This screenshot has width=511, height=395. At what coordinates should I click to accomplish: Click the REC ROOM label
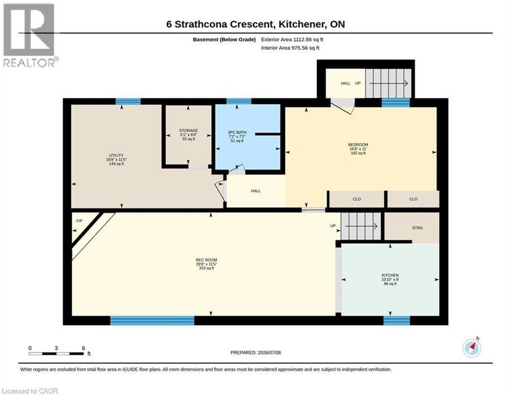tap(206, 260)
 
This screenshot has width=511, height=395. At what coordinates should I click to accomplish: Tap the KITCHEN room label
tap(390, 275)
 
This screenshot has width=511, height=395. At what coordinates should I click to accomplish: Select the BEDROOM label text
tap(358, 144)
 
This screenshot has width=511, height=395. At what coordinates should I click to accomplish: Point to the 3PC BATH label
tap(237, 132)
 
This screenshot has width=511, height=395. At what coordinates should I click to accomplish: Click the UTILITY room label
tap(116, 155)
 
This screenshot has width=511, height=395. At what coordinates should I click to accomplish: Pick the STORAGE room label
tap(189, 131)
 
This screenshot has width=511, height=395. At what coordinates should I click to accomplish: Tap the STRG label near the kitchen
tap(417, 228)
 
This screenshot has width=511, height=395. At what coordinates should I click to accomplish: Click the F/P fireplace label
tap(79, 221)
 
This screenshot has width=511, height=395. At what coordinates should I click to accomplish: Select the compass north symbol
tap(472, 348)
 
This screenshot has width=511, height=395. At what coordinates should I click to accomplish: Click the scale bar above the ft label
tap(56, 354)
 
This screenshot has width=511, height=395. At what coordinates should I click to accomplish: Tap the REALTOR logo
tap(30, 35)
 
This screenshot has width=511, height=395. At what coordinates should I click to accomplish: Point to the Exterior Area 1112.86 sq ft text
tap(292, 39)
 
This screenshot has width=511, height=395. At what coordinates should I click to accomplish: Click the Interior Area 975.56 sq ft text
tap(290, 48)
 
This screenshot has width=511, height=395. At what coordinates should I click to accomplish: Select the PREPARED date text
tap(256, 352)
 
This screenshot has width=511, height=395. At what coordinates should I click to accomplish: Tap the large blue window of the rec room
tap(152, 321)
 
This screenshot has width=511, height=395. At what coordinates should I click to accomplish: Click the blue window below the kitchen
tap(397, 321)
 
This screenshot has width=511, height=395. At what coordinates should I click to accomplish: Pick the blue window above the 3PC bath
tap(239, 101)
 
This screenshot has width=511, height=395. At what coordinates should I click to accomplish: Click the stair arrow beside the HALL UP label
tap(388, 83)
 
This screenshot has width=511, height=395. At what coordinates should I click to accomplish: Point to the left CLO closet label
tap(357, 199)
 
